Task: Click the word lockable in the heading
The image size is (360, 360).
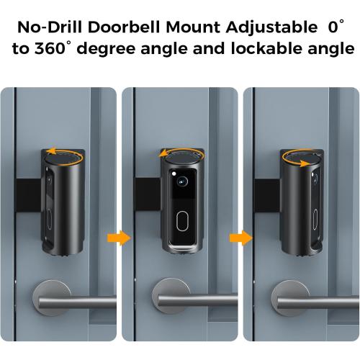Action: (x=253, y=51)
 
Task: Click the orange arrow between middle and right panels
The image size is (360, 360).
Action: (x=234, y=236)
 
